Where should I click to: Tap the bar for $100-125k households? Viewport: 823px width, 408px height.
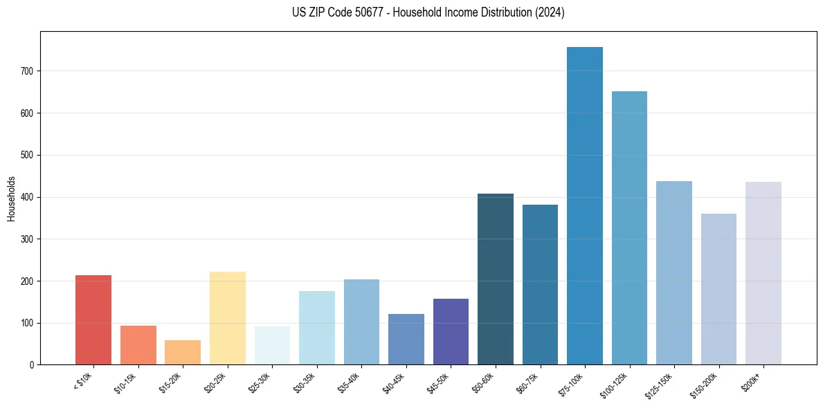coord(629,228)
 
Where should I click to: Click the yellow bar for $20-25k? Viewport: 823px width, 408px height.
coord(228,318)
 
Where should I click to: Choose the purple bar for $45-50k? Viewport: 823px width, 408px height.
coord(451,332)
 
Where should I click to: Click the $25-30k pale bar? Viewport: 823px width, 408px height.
coord(272,346)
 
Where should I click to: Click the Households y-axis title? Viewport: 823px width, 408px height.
coord(11,198)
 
